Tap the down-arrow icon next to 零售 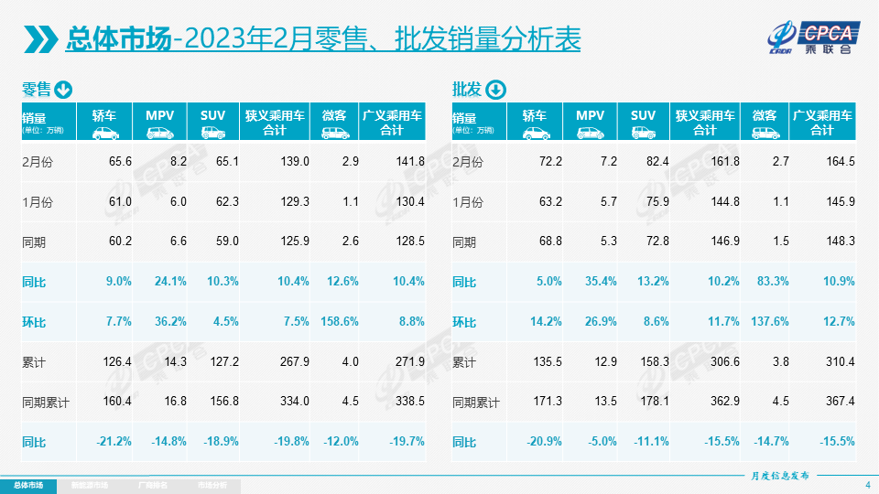64,90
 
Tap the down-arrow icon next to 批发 494,90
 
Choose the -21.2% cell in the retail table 114,441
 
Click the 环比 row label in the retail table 35,321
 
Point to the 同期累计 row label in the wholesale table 476,402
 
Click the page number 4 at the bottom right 867,484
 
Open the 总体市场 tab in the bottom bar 27,485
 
